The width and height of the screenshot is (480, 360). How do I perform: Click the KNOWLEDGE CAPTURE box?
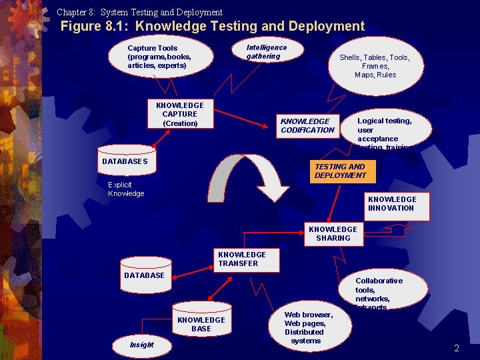tap(180, 114)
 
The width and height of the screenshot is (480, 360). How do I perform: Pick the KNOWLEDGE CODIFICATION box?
tap(307, 125)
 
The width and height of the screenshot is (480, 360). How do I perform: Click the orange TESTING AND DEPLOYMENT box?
tap(340, 171)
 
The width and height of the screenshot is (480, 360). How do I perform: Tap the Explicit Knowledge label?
tap(126, 189)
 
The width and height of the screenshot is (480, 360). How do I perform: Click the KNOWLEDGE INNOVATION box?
tap(392, 203)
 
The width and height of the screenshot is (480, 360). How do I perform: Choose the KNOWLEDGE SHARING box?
tap(333, 233)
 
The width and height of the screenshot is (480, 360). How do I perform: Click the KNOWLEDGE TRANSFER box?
tap(241, 259)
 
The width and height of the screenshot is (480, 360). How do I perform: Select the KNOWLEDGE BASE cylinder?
tap(201, 325)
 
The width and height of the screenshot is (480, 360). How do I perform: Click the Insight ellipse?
tap(142, 345)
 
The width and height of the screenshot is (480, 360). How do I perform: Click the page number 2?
tap(457, 348)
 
